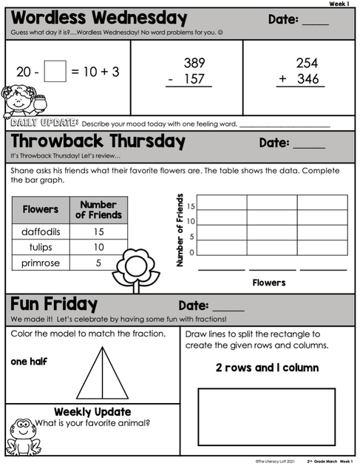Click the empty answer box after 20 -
coord(55,71)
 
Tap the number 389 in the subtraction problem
coord(194,64)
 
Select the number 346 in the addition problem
coord(307,79)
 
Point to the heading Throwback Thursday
coord(98,141)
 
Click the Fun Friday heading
coord(55,304)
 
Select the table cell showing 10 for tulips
coord(98,247)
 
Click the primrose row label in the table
coord(40,263)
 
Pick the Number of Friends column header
coord(98,210)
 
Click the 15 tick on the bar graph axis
coord(191,206)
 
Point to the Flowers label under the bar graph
coord(269,283)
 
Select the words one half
coord(30,362)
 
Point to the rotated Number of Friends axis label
coord(180,230)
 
